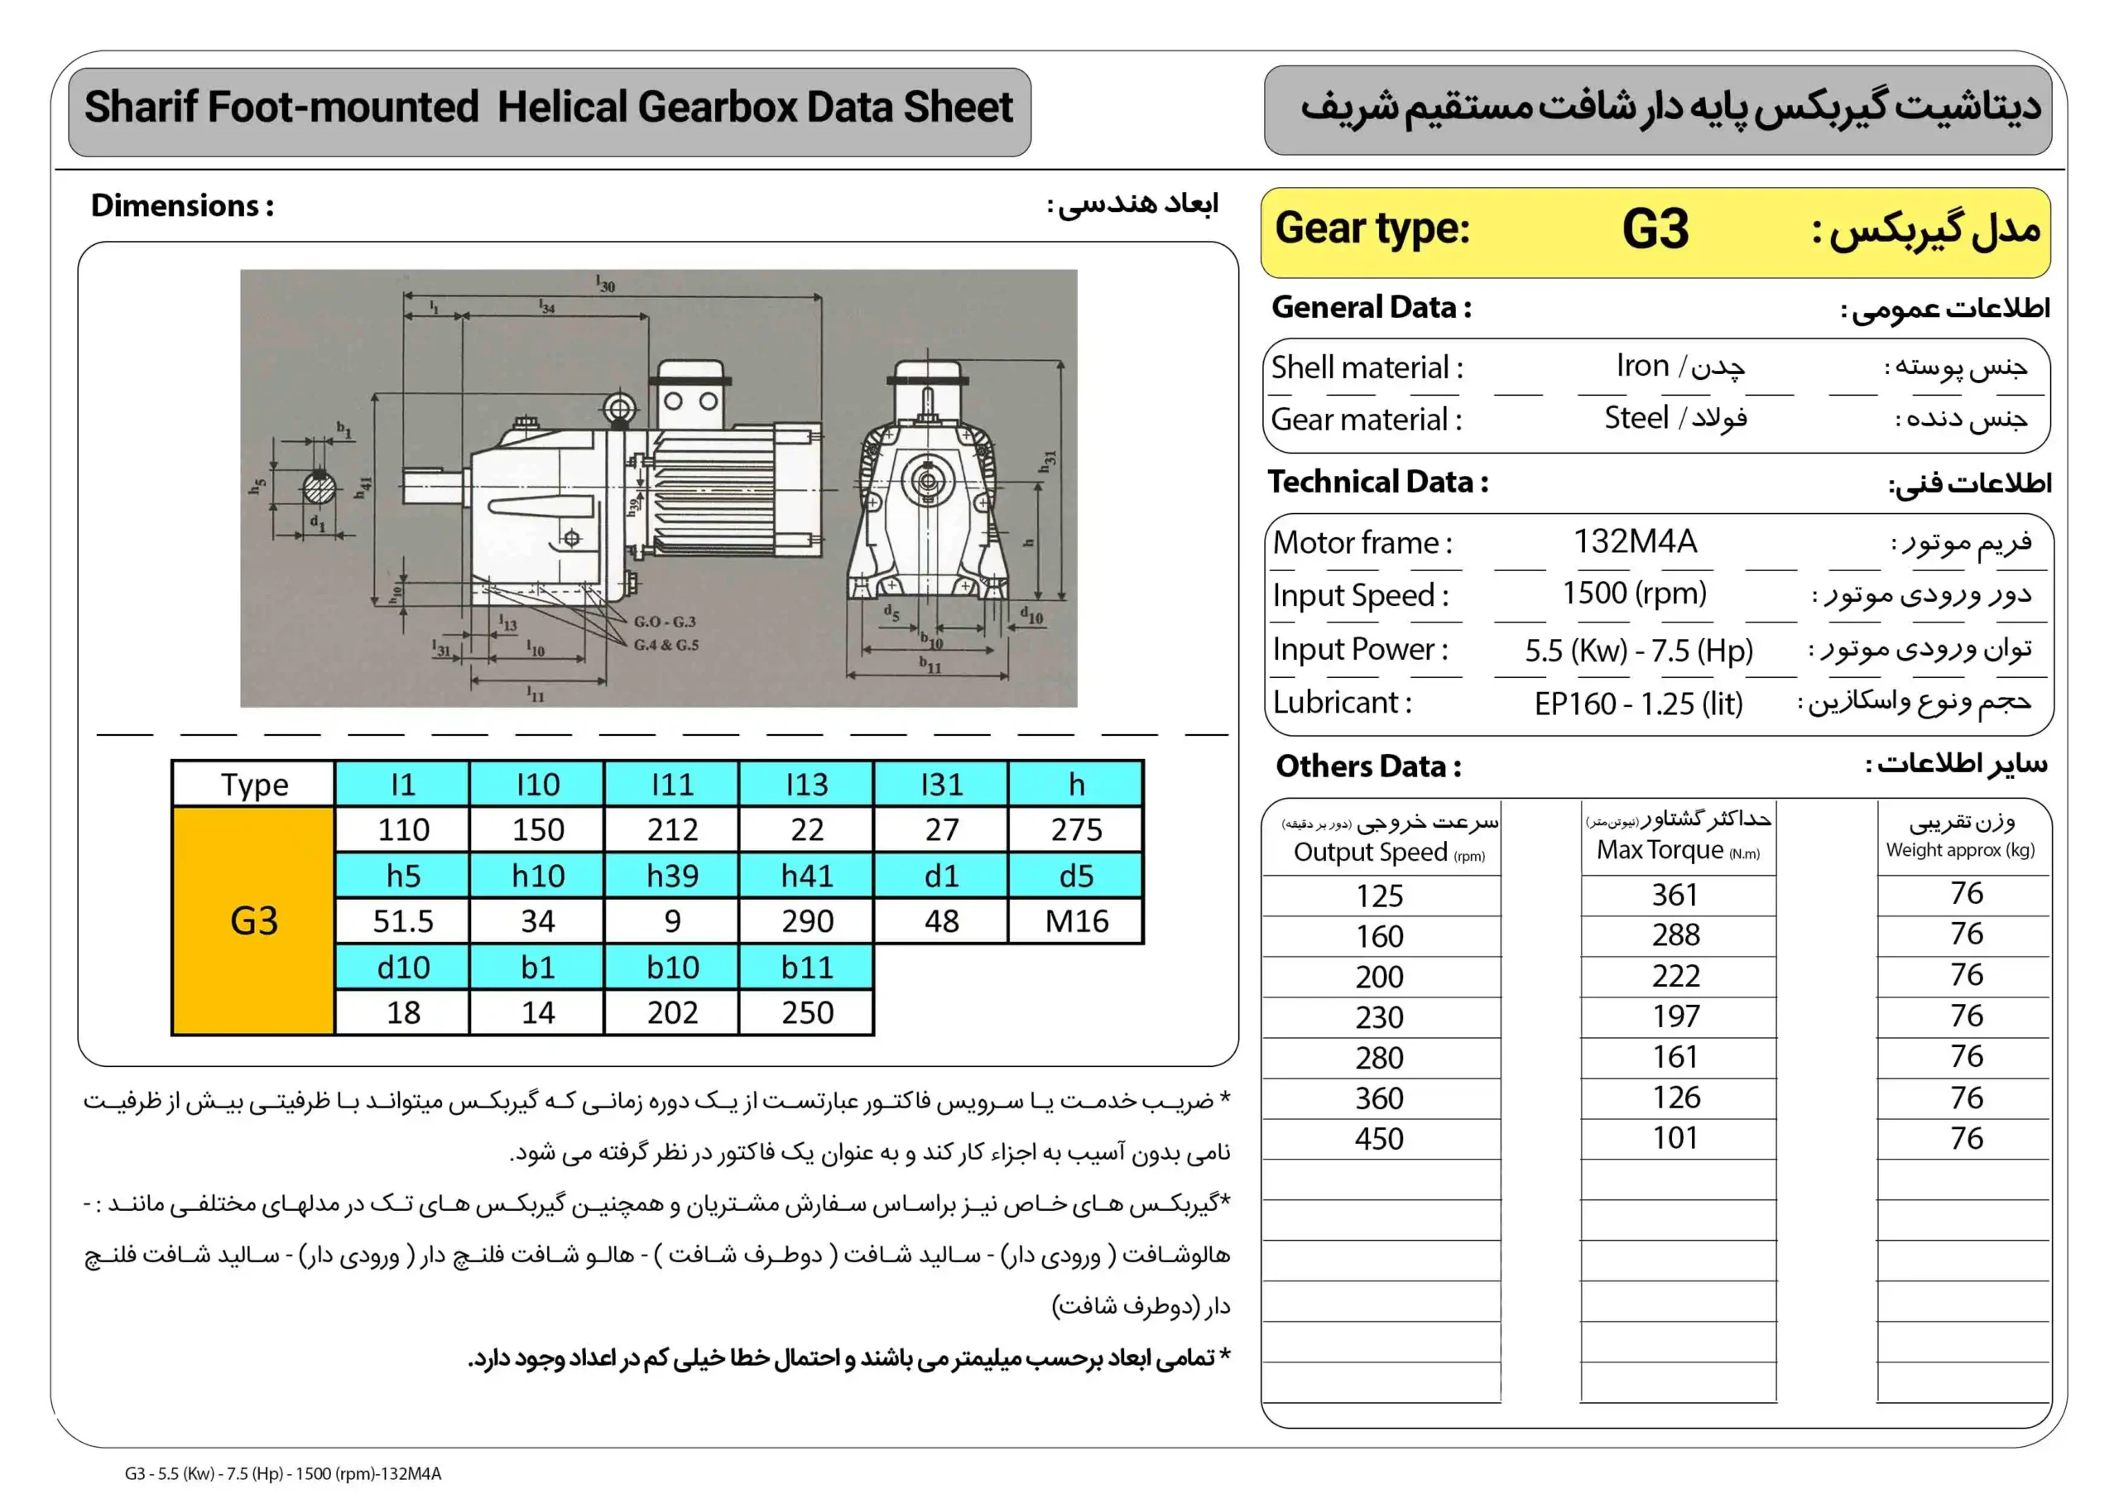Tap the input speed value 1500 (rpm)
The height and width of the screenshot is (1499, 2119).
(1634, 593)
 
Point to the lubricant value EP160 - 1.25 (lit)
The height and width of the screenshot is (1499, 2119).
(1638, 704)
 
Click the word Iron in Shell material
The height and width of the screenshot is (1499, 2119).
(1643, 367)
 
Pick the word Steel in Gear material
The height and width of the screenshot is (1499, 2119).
(1636, 418)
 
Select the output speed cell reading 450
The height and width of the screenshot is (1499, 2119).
(1379, 1139)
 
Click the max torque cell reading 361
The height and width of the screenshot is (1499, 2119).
(1675, 895)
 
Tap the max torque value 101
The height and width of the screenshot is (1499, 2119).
(1675, 1138)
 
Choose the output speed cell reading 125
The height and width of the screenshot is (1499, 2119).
(1379, 896)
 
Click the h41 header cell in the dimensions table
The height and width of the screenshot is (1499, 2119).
(806, 875)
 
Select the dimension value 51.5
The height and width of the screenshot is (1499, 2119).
(403, 921)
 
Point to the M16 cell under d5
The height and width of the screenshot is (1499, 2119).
(1076, 921)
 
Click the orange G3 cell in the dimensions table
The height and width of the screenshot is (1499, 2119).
(254, 921)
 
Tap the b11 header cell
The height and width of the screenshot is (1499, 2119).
(806, 967)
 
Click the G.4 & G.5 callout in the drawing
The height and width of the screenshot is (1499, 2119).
(665, 644)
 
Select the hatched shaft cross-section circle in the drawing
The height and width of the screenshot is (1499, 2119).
(320, 487)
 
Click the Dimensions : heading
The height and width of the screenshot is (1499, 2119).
(182, 205)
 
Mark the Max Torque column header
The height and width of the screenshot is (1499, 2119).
(1678, 849)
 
